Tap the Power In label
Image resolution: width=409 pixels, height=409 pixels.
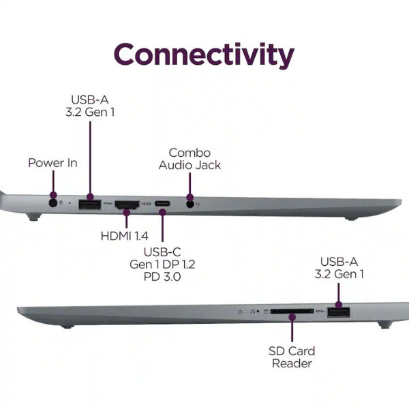[52, 163]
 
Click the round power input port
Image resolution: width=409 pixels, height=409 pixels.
[53, 203]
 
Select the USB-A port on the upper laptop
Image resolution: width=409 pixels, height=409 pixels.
[90, 204]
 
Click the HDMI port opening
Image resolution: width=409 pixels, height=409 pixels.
[127, 204]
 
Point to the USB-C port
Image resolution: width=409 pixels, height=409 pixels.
[162, 203]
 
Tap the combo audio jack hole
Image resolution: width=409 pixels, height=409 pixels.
[190, 204]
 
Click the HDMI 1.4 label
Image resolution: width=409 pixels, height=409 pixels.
[125, 236]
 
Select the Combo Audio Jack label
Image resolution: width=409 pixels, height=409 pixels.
[190, 159]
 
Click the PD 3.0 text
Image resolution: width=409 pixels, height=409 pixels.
[162, 277]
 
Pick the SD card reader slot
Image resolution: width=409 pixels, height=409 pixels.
[292, 312]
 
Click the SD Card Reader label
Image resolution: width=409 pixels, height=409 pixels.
[292, 357]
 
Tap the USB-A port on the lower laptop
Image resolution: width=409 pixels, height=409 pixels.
[339, 312]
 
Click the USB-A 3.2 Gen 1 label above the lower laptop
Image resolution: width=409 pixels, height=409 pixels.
[339, 268]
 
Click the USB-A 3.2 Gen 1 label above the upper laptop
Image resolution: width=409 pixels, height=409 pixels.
[90, 106]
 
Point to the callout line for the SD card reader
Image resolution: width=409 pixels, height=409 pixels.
[292, 329]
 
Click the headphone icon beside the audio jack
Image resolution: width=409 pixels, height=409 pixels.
[198, 204]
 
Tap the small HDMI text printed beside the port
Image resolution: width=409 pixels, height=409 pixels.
[146, 203]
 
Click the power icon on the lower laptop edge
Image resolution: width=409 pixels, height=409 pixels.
[240, 312]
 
